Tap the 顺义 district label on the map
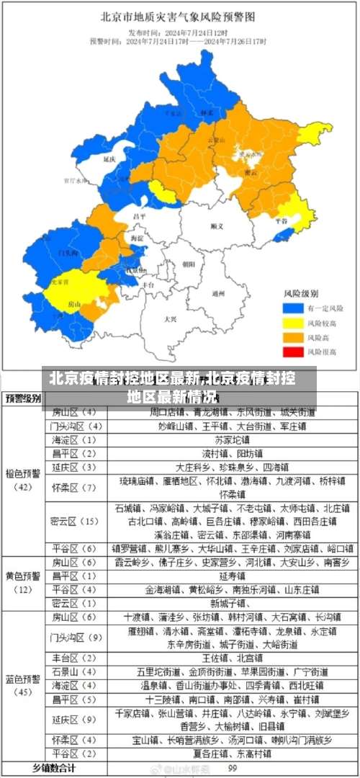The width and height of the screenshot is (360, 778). [x=217, y=226]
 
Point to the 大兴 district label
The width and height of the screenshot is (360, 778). [x=170, y=318]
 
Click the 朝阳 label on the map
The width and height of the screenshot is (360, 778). [x=189, y=264]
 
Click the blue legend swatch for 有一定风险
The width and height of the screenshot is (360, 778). [x=291, y=308]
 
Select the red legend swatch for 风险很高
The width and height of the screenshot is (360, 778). [x=291, y=352]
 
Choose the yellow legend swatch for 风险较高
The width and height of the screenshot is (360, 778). [x=291, y=322]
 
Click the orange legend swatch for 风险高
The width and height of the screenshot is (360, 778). [x=291, y=337]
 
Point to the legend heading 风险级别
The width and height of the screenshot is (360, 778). [x=299, y=293]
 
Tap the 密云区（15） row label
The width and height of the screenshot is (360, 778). [x=74, y=521]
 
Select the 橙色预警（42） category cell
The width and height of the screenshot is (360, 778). [x=24, y=480]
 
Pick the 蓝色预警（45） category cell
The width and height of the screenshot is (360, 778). [x=24, y=685]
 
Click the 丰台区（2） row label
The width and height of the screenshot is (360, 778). [x=74, y=658]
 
